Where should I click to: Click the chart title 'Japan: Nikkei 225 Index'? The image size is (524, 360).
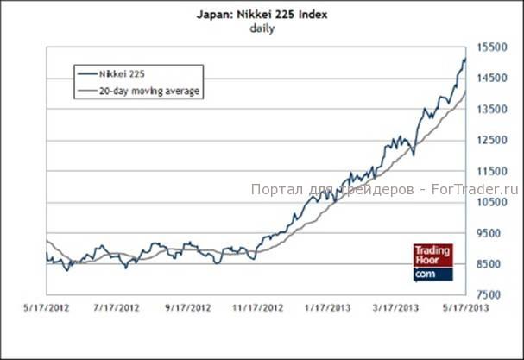coord(262,15)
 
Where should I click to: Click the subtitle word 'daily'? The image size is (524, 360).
coord(262,28)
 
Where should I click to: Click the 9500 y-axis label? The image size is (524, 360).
coord(489,233)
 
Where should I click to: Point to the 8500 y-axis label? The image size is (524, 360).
coord(489,264)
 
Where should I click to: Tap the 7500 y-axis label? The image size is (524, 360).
coord(489,295)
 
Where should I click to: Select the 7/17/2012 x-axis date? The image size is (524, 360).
coord(116,307)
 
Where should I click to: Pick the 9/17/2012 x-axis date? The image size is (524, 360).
coord(187,307)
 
